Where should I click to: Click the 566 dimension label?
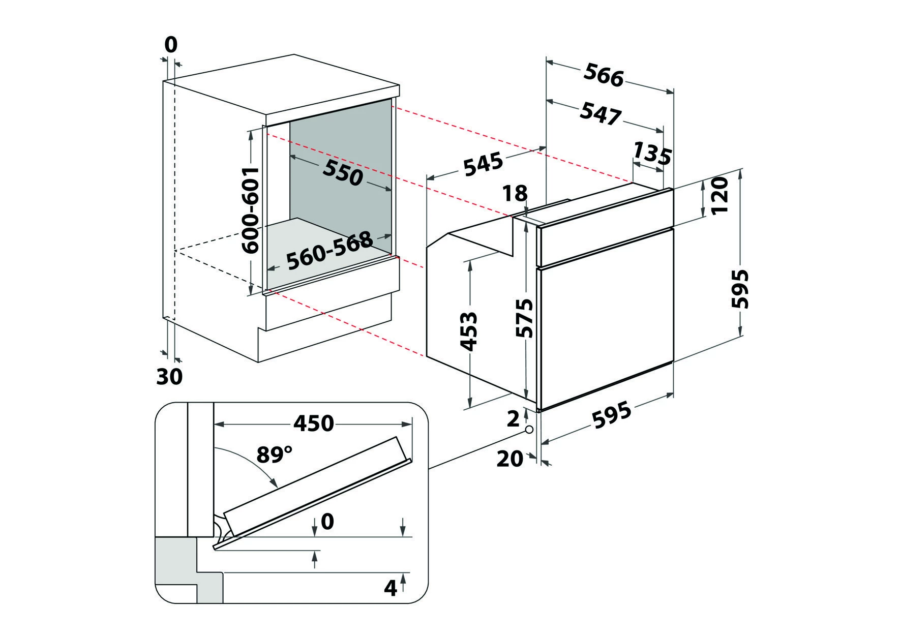604,75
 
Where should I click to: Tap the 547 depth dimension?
600,113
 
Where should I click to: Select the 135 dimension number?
652,154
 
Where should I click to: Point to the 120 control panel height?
721,196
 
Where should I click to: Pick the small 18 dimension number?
515,194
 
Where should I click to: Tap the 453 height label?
468,331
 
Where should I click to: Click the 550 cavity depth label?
342,172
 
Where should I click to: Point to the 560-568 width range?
329,251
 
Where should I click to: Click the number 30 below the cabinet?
169,377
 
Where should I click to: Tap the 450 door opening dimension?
314,423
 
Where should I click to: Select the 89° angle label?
275,454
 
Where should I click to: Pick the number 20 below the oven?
509,459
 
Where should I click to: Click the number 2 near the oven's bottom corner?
514,418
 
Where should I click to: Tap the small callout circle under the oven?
529,430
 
